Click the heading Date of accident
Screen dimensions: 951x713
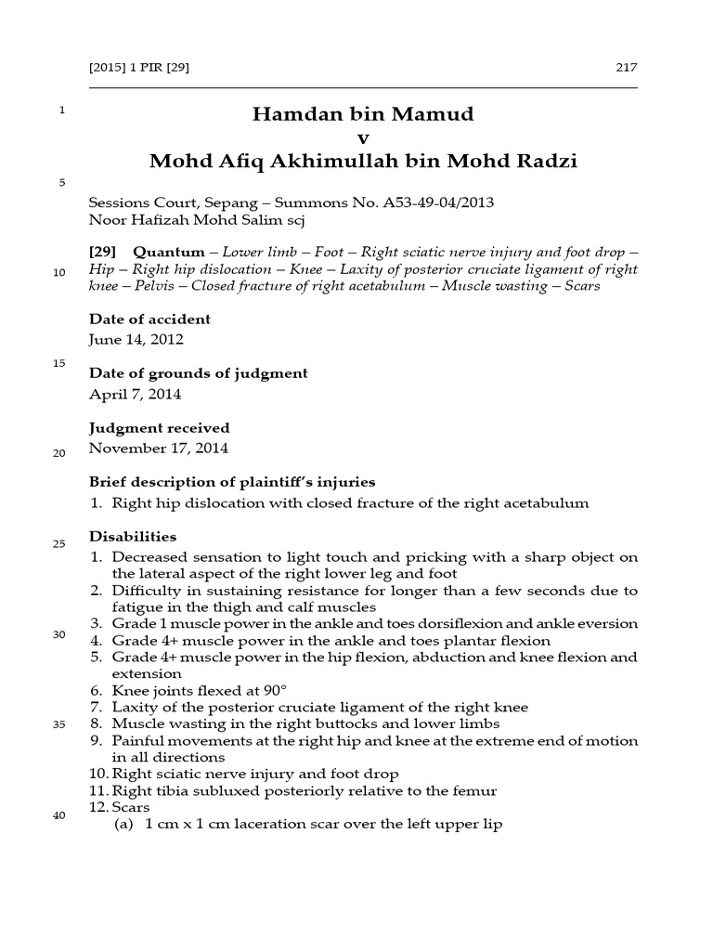[149, 319]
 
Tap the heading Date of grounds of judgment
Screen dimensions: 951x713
[198, 373]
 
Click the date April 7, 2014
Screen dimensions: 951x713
[135, 394]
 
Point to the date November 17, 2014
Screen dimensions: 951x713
[158, 448]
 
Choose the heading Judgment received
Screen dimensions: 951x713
[159, 428]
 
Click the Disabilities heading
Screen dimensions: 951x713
[132, 537]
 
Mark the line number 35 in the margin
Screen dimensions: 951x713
[60, 725]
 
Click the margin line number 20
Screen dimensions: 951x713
[60, 454]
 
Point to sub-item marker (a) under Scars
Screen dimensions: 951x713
[123, 825]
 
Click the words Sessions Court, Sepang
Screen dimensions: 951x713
[162, 202]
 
